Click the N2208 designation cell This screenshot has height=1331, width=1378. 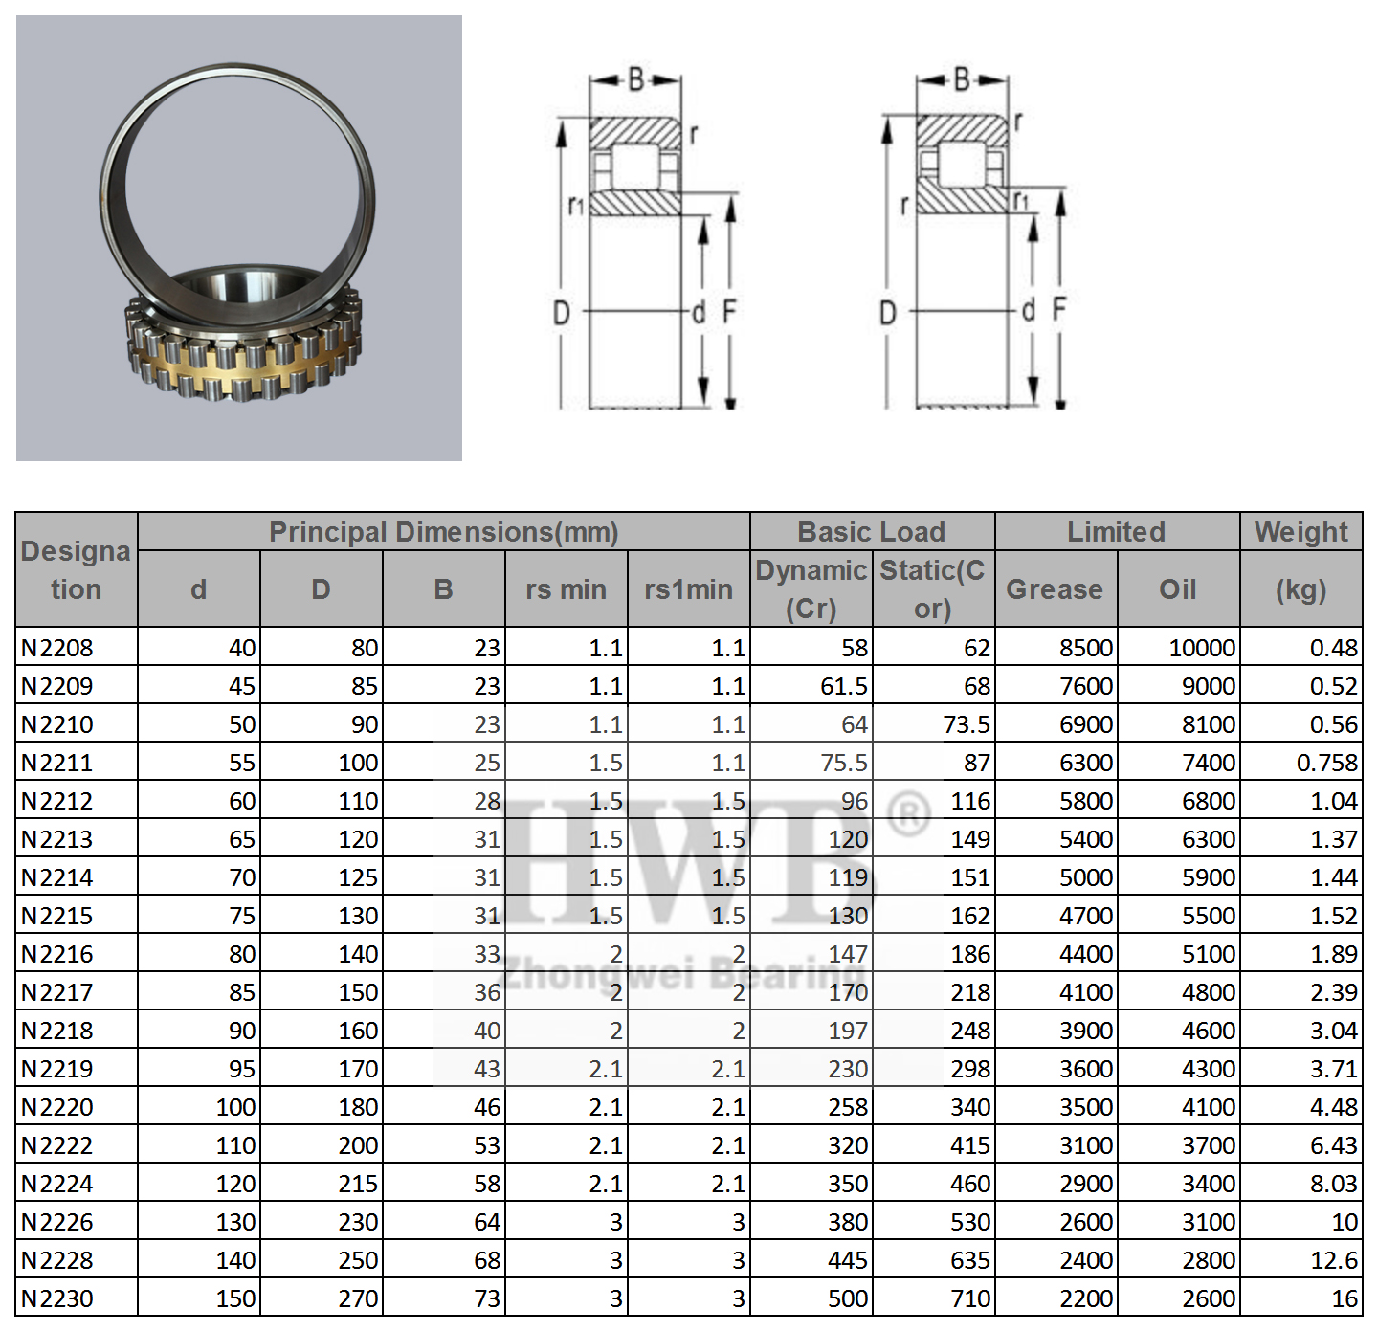(x=57, y=648)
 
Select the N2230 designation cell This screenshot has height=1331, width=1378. (x=57, y=1298)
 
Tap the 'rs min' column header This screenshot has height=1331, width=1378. (x=566, y=589)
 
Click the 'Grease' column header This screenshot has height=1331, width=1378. (x=1055, y=589)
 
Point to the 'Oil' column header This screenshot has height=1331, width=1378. (x=1177, y=589)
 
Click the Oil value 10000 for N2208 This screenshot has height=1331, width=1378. (x=1202, y=648)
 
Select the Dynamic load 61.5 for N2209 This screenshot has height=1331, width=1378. (x=843, y=686)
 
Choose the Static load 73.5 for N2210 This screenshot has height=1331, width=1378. (x=966, y=724)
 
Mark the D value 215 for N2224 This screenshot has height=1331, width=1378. (x=358, y=1184)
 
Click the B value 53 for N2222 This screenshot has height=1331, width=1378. (x=487, y=1145)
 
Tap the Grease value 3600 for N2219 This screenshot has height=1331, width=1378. (x=1086, y=1069)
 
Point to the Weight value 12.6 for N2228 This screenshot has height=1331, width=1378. (x=1334, y=1260)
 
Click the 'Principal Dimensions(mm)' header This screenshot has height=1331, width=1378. (x=443, y=532)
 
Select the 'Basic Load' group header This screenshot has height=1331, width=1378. (x=871, y=532)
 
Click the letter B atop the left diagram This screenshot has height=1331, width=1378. (x=636, y=79)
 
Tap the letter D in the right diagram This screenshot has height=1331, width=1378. (x=888, y=313)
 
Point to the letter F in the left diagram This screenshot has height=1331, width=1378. (x=729, y=311)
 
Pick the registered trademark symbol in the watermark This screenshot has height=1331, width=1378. (x=908, y=814)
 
